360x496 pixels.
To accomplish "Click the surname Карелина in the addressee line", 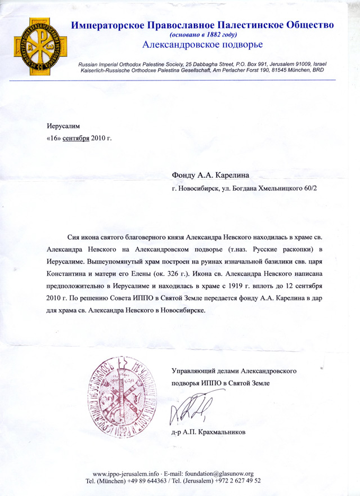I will (224, 175).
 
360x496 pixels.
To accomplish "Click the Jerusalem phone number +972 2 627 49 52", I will (236, 482).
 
